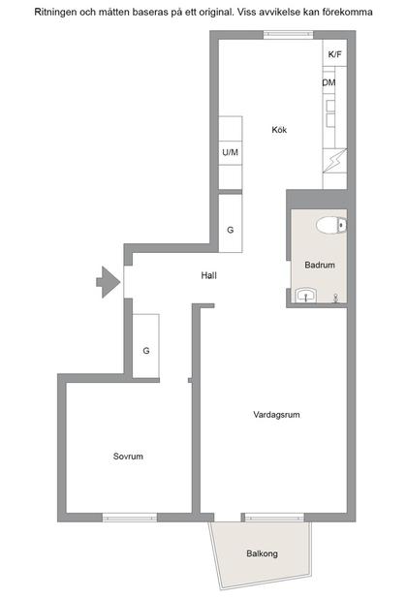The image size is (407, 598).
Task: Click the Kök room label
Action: [x=280, y=130]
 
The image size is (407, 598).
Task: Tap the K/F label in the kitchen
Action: [x=334, y=54]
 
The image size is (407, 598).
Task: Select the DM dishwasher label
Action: [x=329, y=83]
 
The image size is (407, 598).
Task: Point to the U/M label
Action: [x=230, y=153]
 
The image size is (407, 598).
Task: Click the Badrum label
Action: [x=320, y=265]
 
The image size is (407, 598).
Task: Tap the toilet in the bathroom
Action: [x=331, y=226]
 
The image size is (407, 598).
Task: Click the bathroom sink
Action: [x=307, y=296]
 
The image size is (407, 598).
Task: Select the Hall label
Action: [x=208, y=275]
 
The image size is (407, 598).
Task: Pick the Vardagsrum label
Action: [x=276, y=415]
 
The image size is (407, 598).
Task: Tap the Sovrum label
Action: [x=128, y=456]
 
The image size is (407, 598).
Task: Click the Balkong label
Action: [x=262, y=553]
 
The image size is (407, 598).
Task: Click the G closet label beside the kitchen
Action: [x=230, y=231]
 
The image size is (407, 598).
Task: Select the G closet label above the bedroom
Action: [x=146, y=350]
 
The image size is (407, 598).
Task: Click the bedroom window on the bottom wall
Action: [x=130, y=517]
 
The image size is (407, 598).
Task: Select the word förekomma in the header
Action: [x=346, y=12]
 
